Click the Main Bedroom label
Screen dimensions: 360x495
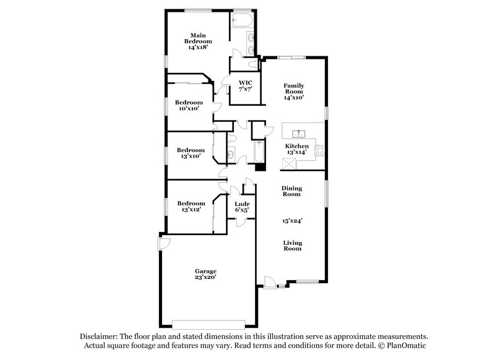pyautogui.click(x=197, y=40)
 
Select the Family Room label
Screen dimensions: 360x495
pyautogui.click(x=294, y=91)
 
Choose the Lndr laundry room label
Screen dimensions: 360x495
pyautogui.click(x=242, y=207)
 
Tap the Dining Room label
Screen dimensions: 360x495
pyautogui.click(x=291, y=191)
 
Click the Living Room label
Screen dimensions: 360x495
pyautogui.click(x=292, y=246)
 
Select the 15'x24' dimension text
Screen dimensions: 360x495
pyautogui.click(x=292, y=220)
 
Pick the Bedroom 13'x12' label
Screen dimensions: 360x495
pyautogui.click(x=191, y=207)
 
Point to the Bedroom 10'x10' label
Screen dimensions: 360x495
pyautogui.click(x=189, y=105)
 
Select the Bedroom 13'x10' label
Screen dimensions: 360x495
pyautogui.click(x=191, y=153)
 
